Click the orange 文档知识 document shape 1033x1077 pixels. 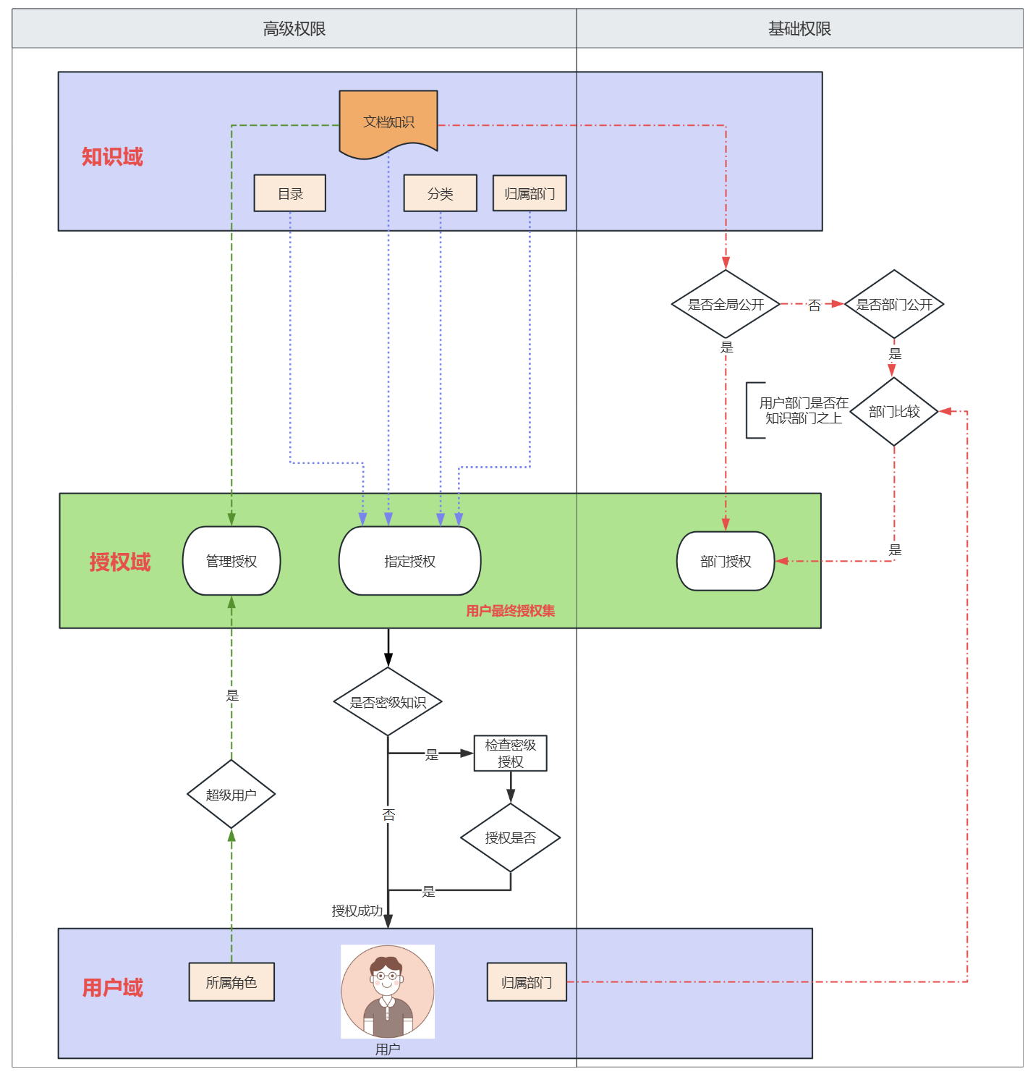(388, 122)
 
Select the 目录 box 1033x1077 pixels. (290, 194)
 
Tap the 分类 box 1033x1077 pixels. (440, 194)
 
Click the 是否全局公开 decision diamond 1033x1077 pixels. (726, 305)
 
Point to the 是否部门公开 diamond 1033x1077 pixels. (894, 305)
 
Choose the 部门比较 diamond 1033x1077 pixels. (894, 412)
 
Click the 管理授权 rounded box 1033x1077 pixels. (231, 561)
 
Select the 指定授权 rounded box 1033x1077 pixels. (409, 561)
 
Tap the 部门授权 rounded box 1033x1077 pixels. (726, 561)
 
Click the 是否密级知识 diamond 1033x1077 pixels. (388, 702)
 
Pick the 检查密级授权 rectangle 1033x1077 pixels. (510, 753)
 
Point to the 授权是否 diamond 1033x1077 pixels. (510, 838)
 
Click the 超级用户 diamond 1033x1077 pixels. (231, 795)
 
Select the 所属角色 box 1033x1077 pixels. (231, 982)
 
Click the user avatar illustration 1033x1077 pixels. (388, 992)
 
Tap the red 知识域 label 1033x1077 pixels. (112, 157)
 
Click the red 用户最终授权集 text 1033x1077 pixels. (510, 611)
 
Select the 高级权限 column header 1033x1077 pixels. (294, 29)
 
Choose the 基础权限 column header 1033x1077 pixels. (799, 29)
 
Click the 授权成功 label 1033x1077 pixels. (357, 911)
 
